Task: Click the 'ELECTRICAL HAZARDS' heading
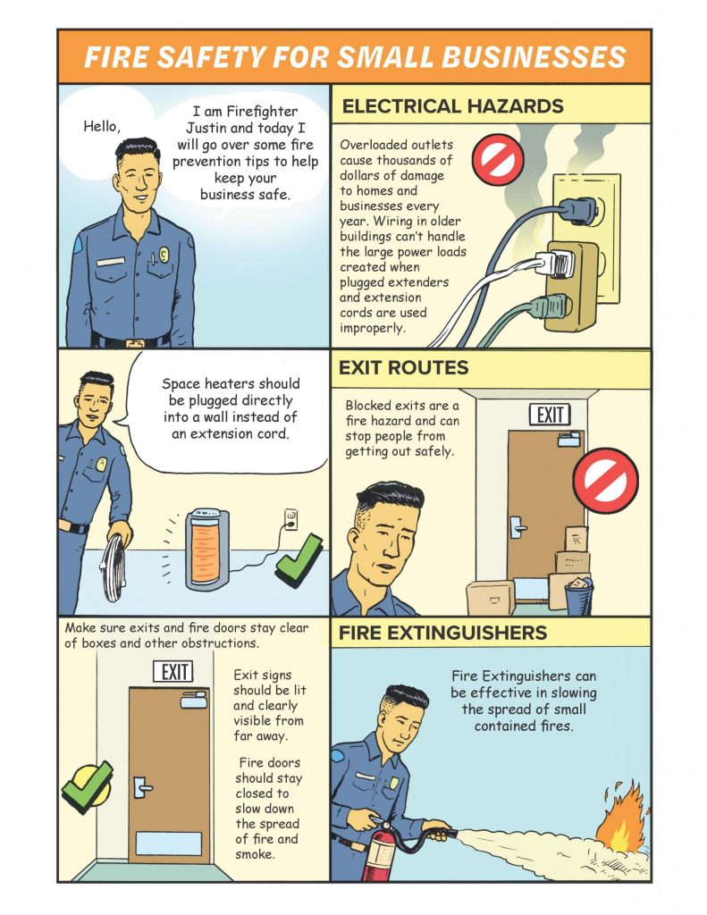[x=452, y=106]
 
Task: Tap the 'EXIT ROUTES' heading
[x=403, y=367]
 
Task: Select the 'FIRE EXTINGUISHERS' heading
[x=442, y=633]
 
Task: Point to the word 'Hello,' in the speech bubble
[x=102, y=126]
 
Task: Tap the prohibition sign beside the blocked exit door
[x=605, y=480]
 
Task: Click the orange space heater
[x=207, y=550]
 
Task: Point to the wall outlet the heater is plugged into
[x=290, y=519]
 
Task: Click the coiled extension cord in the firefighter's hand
[x=114, y=567]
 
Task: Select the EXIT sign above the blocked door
[x=550, y=415]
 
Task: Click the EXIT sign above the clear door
[x=173, y=672]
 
